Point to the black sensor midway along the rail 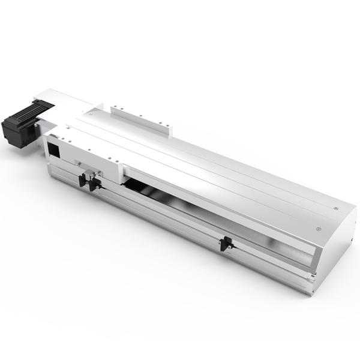coord(226,244)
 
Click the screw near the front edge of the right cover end coord(318,229)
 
